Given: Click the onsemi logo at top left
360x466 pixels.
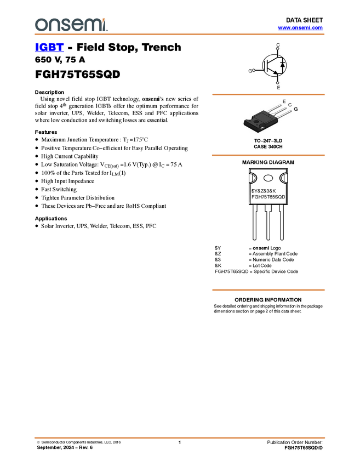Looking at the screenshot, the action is click(71, 25).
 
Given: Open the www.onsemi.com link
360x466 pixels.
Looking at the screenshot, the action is click(300, 27).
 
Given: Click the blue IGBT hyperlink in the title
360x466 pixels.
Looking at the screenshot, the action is click(49, 47).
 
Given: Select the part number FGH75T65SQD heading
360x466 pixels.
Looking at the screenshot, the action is click(77, 74).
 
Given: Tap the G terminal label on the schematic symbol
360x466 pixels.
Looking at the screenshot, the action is click(250, 71).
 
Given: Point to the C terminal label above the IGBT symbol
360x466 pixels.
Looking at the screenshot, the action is click(278, 45).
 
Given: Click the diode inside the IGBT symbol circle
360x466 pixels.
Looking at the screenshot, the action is click(283, 65).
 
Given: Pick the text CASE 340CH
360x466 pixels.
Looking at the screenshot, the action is click(268, 147).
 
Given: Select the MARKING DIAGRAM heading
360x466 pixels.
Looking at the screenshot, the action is click(268, 162).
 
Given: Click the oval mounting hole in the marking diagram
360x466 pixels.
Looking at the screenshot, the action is click(268, 178).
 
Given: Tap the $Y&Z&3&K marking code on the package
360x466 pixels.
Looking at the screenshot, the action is click(264, 191).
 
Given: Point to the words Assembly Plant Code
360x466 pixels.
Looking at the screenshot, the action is click(275, 254).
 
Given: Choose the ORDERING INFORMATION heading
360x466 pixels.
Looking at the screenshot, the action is click(268, 300).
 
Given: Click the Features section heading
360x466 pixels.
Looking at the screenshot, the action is click(46, 132).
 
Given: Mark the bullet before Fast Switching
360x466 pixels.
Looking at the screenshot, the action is click(37, 189).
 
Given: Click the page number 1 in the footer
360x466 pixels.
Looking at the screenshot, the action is click(179, 442).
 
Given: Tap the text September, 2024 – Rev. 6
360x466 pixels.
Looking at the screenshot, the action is click(65, 447).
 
